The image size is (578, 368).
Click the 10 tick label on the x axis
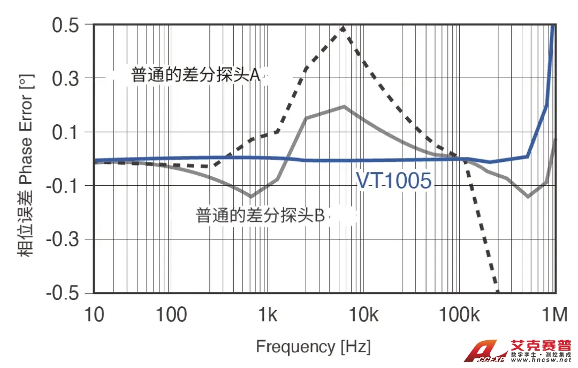[94, 315]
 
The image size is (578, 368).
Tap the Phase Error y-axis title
[27, 166]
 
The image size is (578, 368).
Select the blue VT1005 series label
[393, 181]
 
